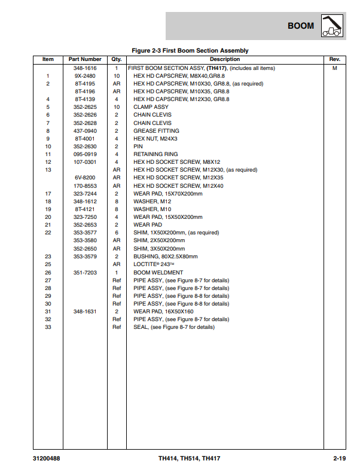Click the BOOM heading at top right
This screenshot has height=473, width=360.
coord(300,26)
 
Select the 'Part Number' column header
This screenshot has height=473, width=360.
coord(85,59)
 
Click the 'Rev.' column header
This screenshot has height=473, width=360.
coord(335,59)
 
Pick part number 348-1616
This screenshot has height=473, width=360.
coord(85,68)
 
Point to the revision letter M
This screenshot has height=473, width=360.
coord(335,68)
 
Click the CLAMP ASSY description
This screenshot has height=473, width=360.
coord(151,107)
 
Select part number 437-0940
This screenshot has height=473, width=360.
coord(85,131)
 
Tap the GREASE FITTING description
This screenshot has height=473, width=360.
coord(156,131)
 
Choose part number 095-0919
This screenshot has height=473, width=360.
coord(85,154)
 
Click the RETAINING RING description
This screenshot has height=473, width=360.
coord(155,154)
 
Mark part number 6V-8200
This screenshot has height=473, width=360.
coord(85,178)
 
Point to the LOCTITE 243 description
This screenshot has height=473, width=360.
coord(152,264)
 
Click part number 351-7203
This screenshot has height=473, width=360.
coord(85,272)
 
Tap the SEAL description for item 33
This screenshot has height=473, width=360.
coord(173,327)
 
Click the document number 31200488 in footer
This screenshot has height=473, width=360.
coord(47,459)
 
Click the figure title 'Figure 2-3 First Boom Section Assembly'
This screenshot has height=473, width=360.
coord(189,50)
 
